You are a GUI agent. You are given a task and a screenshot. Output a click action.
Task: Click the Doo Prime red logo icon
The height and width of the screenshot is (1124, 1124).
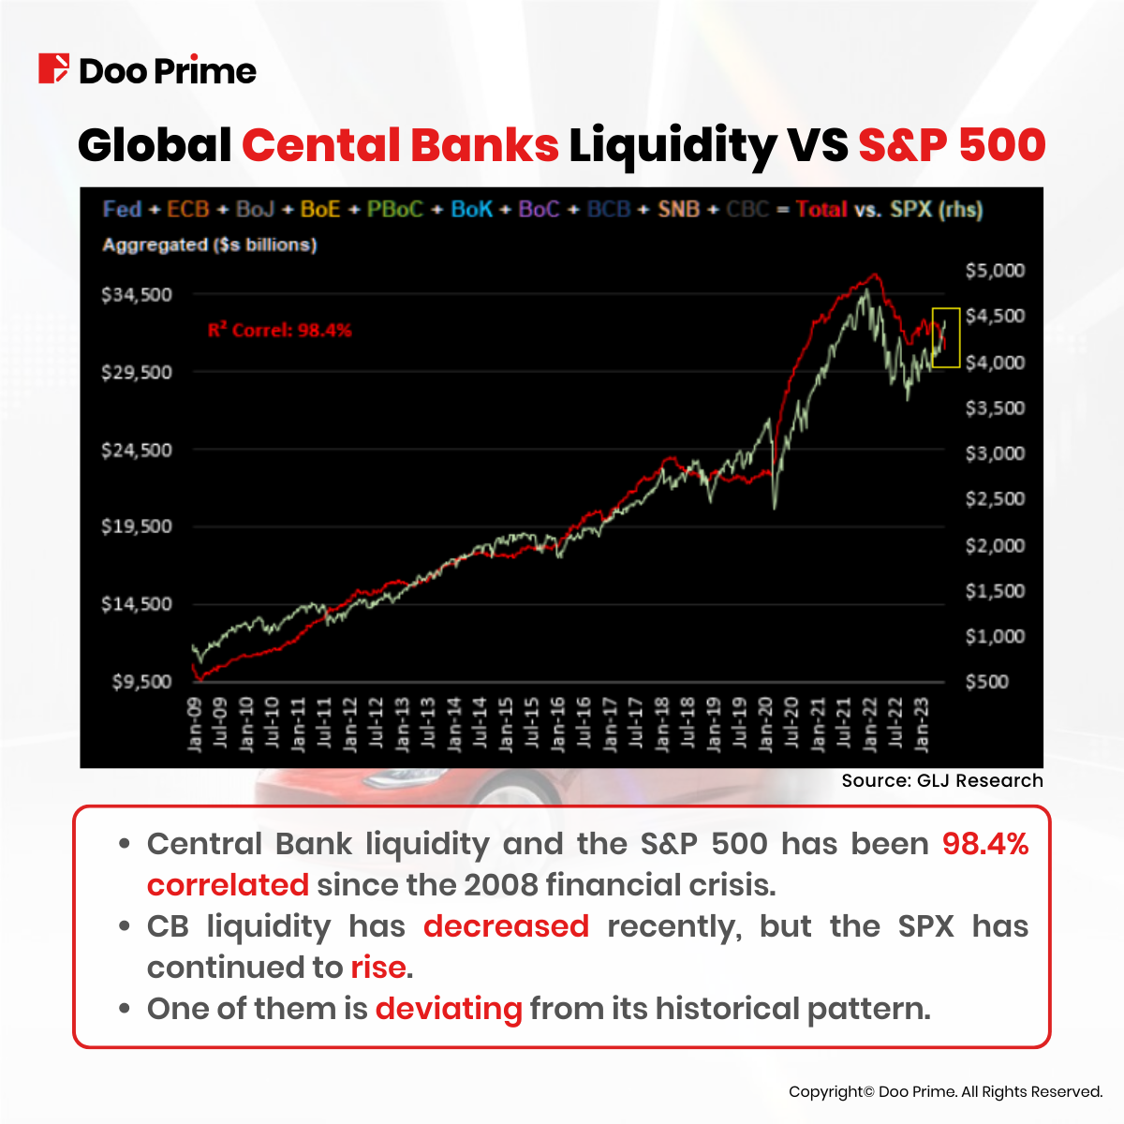(x=53, y=69)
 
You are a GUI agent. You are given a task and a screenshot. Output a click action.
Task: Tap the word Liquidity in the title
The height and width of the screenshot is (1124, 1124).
(x=673, y=146)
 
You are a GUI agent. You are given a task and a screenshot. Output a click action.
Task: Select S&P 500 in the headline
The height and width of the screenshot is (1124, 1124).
(x=952, y=146)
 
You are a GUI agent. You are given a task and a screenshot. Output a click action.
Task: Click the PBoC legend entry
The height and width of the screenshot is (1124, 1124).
(x=394, y=209)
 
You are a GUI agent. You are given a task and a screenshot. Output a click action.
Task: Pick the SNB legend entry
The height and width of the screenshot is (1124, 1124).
(x=678, y=209)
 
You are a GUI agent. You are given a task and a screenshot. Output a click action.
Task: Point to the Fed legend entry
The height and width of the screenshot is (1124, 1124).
(x=122, y=209)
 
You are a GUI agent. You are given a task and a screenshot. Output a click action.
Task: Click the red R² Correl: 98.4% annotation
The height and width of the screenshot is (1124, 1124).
(x=279, y=330)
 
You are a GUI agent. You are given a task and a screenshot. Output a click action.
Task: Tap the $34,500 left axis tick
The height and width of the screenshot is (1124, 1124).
(x=137, y=295)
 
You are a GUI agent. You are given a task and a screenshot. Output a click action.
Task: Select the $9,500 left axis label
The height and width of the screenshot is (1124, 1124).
(x=142, y=682)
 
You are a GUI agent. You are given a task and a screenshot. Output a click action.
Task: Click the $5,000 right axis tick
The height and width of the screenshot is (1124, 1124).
(x=995, y=271)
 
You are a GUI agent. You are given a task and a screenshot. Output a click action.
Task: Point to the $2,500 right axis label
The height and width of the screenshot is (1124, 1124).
(x=995, y=499)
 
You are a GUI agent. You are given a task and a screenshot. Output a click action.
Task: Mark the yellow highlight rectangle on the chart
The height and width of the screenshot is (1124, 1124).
(x=946, y=337)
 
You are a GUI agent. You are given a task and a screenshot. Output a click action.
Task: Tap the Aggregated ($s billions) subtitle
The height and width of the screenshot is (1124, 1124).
(x=209, y=245)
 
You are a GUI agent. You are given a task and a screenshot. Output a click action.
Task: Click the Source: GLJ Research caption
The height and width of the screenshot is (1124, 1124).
(x=941, y=780)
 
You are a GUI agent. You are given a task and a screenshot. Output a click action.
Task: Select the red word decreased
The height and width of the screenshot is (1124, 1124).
(x=506, y=926)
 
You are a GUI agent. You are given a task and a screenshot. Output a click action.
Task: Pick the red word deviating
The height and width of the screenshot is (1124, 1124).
(x=449, y=1009)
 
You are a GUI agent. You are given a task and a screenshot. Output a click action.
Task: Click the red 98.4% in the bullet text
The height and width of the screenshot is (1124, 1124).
(x=984, y=844)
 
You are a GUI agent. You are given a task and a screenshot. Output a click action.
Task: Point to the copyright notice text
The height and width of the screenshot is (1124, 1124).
(x=945, y=1091)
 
